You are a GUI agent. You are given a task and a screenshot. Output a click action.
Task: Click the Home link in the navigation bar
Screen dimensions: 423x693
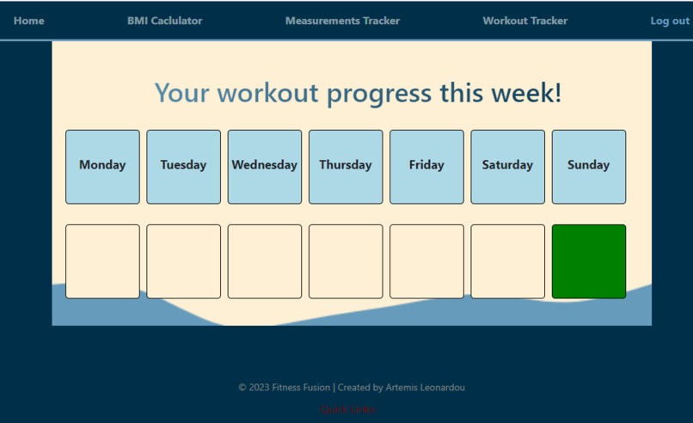click(x=29, y=21)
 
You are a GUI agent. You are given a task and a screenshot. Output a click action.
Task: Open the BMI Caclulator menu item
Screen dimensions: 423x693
click(x=164, y=21)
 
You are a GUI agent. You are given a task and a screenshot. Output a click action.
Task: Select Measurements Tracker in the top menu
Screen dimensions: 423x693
click(x=342, y=21)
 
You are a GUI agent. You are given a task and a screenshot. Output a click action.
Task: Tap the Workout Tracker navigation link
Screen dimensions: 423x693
click(x=524, y=21)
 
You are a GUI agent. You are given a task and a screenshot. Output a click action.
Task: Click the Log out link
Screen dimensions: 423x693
click(x=669, y=21)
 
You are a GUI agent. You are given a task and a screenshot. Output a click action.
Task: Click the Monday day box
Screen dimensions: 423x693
click(x=102, y=167)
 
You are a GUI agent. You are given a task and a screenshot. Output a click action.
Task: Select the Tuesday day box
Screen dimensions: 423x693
click(x=183, y=167)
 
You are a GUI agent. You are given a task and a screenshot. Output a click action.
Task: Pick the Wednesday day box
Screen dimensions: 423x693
click(x=265, y=167)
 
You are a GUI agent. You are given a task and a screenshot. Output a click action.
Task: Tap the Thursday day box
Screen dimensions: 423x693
click(x=346, y=167)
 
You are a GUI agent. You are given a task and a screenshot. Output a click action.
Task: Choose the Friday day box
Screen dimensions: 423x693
click(x=426, y=167)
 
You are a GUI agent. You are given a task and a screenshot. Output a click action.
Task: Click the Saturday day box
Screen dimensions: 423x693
click(x=507, y=167)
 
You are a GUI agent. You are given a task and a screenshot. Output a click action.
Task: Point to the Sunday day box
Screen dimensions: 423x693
click(x=589, y=167)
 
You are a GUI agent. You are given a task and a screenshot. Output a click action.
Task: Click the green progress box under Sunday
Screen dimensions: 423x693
click(x=589, y=261)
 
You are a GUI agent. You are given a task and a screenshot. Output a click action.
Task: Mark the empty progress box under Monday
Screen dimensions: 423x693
click(x=102, y=261)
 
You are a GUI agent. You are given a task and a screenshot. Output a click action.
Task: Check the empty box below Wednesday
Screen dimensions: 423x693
click(x=265, y=261)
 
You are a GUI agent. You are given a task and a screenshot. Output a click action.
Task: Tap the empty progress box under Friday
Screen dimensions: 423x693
click(x=426, y=261)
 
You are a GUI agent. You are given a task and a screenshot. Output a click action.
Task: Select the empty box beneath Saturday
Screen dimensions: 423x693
click(x=507, y=261)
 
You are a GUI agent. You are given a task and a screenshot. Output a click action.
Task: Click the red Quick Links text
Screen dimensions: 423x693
click(x=348, y=409)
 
